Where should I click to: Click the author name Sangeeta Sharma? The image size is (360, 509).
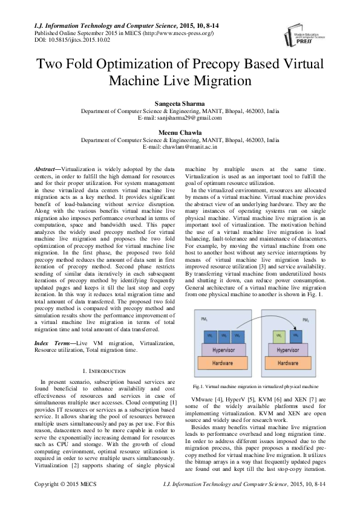[x=180, y=104]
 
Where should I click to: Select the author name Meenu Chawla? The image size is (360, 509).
[x=180, y=132]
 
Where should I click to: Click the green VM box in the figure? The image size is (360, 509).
[x=280, y=335]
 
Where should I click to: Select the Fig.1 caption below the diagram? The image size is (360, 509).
[x=255, y=386]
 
